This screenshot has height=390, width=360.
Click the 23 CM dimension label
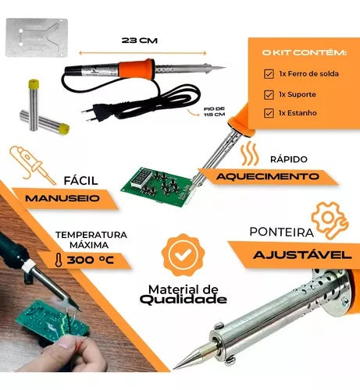(x=140, y=41)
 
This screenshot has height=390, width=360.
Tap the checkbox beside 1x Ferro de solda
(x=269, y=74)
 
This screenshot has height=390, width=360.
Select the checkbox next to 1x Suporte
(x=269, y=94)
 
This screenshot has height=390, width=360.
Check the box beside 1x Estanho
(x=269, y=113)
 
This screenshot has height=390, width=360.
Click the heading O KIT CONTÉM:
(x=305, y=53)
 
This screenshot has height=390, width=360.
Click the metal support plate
(x=37, y=37)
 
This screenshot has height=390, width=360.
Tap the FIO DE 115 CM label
(x=214, y=112)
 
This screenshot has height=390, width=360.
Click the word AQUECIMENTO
(x=268, y=176)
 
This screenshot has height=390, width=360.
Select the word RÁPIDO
(x=289, y=159)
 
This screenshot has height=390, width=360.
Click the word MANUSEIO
(x=62, y=198)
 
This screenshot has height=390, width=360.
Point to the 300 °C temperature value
(x=91, y=260)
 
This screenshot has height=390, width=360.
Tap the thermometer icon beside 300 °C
(x=59, y=261)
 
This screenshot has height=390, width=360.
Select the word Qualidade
(x=184, y=300)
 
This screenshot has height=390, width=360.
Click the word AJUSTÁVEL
(x=302, y=255)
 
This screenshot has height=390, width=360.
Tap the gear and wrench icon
(x=330, y=220)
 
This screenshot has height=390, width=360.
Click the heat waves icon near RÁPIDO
(x=250, y=154)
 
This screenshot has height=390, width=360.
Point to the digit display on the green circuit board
(x=141, y=179)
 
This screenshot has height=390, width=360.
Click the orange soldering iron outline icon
(x=32, y=165)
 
